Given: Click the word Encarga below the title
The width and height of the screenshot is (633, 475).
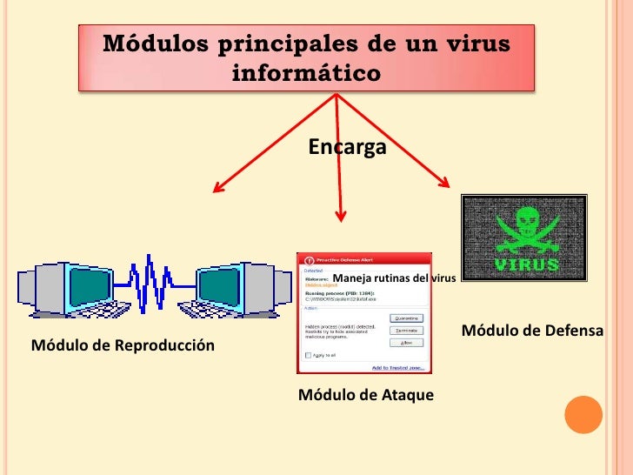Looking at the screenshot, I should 347,148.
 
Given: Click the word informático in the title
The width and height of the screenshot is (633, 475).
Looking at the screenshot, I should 306,72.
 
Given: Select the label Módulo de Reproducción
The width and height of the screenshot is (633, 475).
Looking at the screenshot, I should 123,345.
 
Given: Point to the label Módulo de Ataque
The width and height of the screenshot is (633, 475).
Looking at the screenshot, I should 365,395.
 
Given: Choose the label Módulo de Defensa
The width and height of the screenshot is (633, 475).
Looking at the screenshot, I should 531,331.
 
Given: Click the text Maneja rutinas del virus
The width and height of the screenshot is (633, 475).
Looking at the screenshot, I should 394,278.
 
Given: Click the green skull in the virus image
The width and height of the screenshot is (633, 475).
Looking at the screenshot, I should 523,225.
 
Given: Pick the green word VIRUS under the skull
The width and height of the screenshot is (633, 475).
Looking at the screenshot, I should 526,262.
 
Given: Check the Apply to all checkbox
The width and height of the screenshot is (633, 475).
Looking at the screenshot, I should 306,356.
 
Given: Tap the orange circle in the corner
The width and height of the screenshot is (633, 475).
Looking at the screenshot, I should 583,415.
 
